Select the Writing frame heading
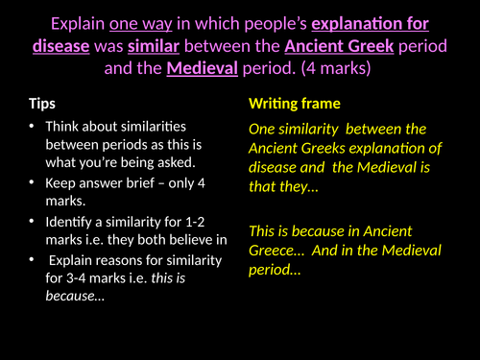(294, 103)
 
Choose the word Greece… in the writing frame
(277, 251)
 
